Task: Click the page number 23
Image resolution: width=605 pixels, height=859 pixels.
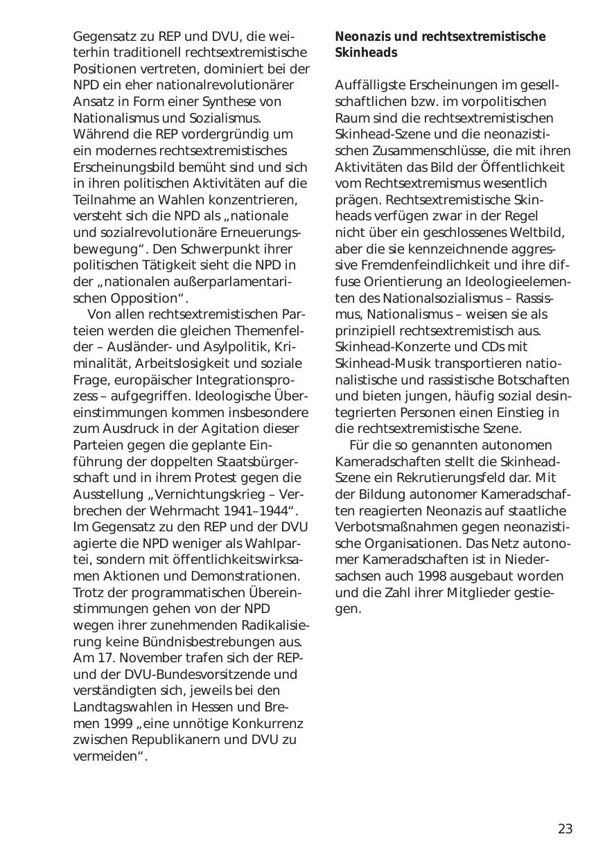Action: [x=565, y=829]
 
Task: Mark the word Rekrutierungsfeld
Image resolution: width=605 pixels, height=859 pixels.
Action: [x=455, y=478]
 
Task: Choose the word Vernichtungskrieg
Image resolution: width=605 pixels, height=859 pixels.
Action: [x=213, y=495]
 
